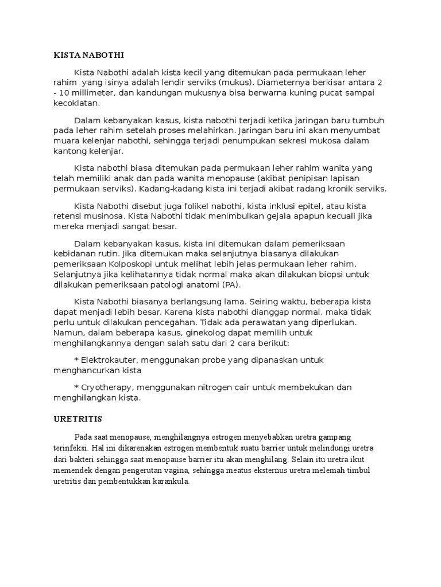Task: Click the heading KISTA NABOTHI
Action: [88, 55]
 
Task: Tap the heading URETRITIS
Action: [74, 419]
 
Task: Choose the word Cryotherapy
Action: [107, 387]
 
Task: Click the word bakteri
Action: [82, 460]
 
